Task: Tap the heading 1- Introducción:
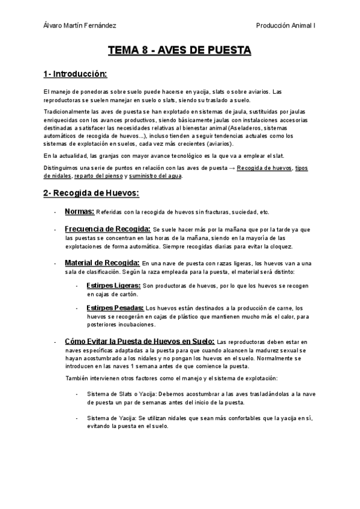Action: [75, 74]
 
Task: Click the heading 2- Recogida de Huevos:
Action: [91, 193]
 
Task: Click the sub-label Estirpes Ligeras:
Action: [114, 285]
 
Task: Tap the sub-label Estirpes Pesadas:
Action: [115, 308]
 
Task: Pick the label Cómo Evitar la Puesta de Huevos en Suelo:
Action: [140, 341]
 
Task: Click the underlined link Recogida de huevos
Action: [264, 168]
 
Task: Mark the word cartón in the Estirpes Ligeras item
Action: [129, 294]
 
